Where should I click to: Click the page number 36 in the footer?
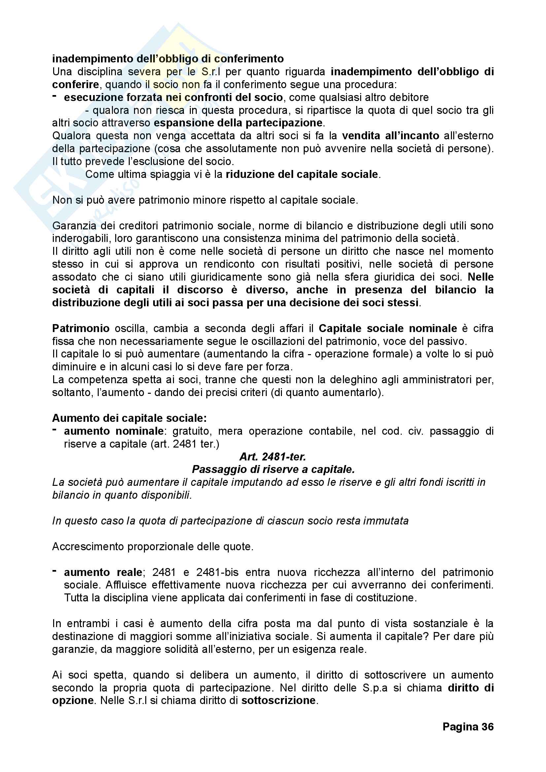click(468, 726)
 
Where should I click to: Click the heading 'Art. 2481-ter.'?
click(273, 456)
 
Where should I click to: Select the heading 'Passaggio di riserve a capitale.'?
click(273, 469)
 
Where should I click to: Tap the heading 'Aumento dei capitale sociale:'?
click(129, 418)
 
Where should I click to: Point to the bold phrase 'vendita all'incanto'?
click(391, 136)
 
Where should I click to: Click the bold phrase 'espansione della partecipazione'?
click(238, 123)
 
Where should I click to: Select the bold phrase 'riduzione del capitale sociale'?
click(302, 174)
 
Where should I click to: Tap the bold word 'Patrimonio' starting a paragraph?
click(81, 328)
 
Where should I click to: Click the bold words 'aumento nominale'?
click(114, 431)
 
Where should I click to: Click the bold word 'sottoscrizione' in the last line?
click(279, 700)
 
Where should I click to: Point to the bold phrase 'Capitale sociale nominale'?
click(388, 328)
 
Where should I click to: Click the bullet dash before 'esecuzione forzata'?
click(54, 96)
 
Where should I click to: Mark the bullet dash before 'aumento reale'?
click(54, 571)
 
